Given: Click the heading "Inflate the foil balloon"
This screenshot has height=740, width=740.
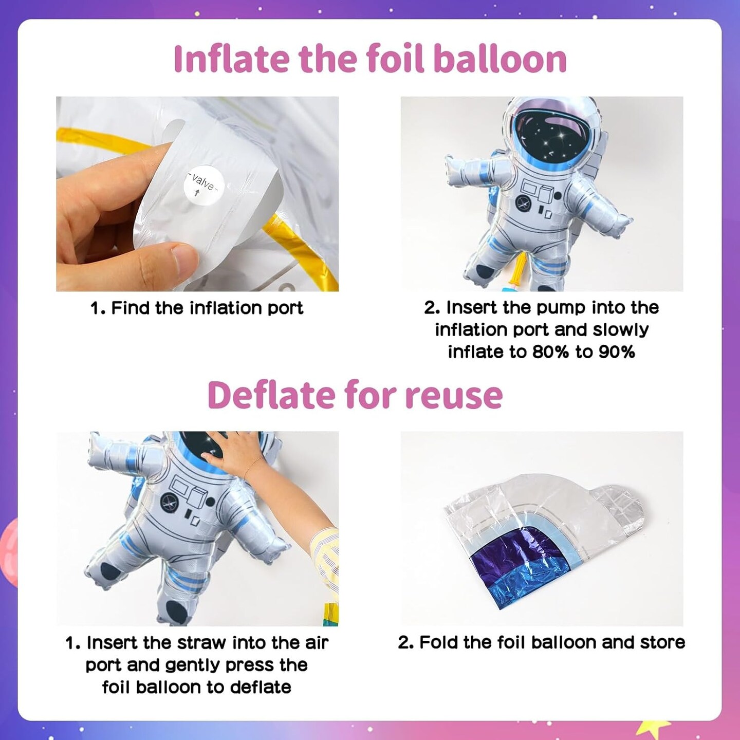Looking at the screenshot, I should pyautogui.click(x=369, y=59).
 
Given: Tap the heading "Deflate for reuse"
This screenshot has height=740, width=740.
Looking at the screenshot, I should pyautogui.click(x=355, y=395).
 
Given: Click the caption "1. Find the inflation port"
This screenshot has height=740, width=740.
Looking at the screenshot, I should pyautogui.click(x=197, y=308).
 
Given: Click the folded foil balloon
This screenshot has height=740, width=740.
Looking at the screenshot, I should pyautogui.click(x=542, y=534).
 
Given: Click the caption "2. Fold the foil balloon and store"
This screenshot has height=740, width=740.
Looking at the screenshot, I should pyautogui.click(x=542, y=642).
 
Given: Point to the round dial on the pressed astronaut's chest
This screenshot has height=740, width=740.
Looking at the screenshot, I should pyautogui.click(x=169, y=502).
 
